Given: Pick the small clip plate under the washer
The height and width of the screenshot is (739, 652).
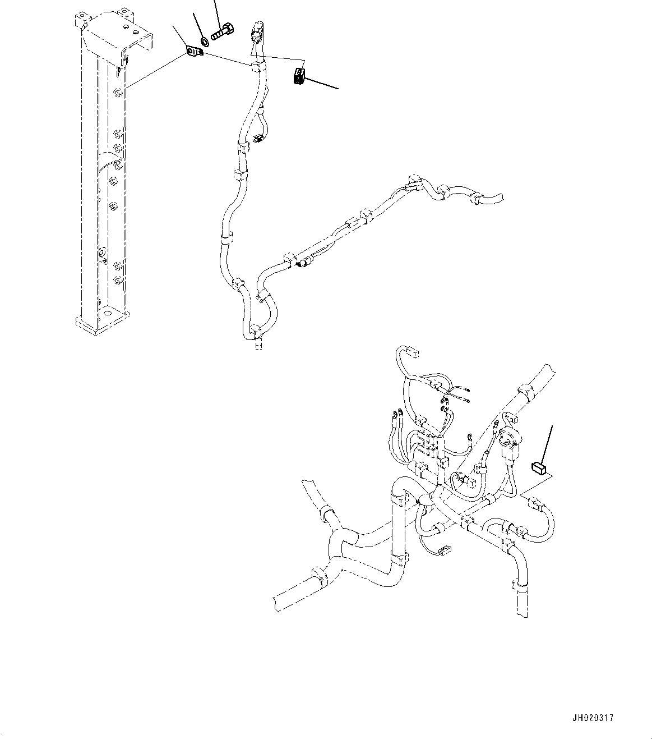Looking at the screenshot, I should [195, 52].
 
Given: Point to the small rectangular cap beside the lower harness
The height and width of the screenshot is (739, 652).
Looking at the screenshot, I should [538, 467].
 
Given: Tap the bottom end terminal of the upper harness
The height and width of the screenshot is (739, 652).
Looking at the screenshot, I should [257, 345].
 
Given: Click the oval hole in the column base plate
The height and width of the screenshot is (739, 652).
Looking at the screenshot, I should [106, 311].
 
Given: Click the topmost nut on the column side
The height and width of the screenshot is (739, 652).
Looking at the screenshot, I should [117, 92].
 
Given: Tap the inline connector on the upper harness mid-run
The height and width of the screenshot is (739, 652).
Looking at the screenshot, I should [305, 261].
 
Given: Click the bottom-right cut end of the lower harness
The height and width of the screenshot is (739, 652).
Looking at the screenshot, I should [521, 609].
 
